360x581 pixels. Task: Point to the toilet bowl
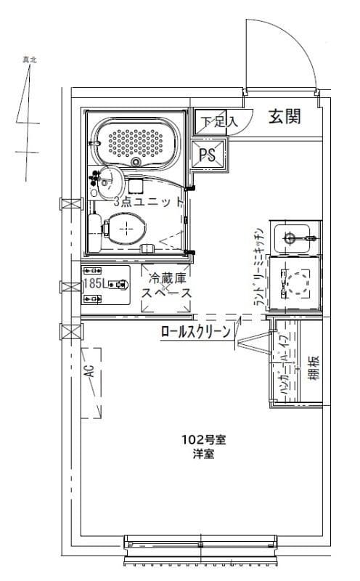[x=124, y=229]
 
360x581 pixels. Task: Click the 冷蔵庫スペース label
[x=166, y=285]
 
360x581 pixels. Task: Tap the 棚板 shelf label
[x=313, y=370]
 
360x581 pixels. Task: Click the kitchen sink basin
[x=295, y=237]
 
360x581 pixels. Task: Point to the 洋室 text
[x=202, y=454]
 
